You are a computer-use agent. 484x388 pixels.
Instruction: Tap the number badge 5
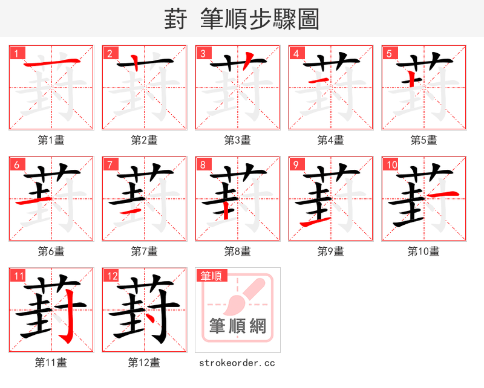[390, 54]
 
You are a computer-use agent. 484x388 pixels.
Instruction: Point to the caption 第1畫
[51, 140]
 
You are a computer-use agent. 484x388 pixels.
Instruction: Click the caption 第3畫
[238, 140]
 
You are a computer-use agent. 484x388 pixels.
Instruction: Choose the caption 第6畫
[51, 251]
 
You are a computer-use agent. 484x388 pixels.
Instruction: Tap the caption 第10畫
[423, 251]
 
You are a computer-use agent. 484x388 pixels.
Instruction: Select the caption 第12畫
[145, 362]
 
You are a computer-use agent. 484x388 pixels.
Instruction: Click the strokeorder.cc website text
[237, 363]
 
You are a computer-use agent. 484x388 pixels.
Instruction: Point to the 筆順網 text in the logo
[238, 326]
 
